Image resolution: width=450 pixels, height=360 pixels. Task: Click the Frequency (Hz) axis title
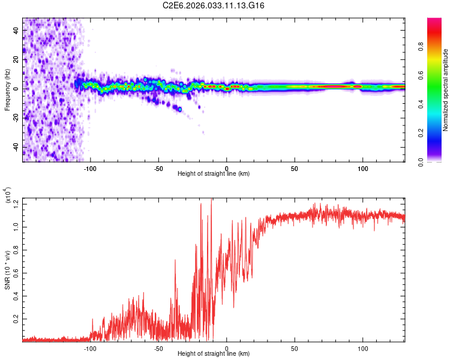point(7,90)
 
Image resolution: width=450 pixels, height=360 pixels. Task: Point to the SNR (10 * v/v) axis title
point(7,269)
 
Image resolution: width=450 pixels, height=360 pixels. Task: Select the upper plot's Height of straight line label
point(214,174)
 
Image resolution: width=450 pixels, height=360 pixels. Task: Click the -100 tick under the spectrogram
point(90,168)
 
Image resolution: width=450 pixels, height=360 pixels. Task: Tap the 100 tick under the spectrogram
point(362,168)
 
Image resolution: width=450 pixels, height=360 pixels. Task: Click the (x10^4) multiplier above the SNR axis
point(7,196)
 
